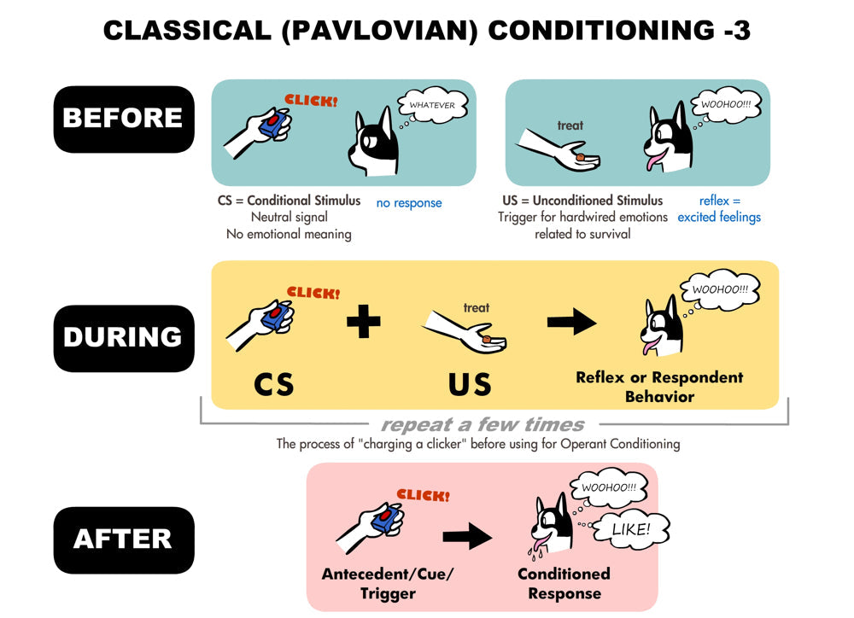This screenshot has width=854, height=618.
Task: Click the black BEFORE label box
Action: (x=124, y=119)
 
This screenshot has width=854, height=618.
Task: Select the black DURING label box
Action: (x=124, y=338)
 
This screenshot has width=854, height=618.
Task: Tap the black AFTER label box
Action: (x=124, y=539)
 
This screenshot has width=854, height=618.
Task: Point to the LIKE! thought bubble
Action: (x=630, y=530)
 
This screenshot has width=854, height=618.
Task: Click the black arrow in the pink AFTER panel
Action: (x=467, y=538)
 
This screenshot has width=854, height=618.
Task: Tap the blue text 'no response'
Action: (x=409, y=203)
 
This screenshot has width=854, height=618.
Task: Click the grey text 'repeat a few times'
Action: (x=483, y=424)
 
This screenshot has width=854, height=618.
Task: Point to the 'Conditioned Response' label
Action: (x=564, y=584)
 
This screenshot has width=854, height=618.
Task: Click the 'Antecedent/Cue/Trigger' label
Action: (x=387, y=584)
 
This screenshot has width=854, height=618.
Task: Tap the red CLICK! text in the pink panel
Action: (x=424, y=494)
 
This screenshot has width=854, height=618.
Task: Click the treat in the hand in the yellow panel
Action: (x=486, y=340)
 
